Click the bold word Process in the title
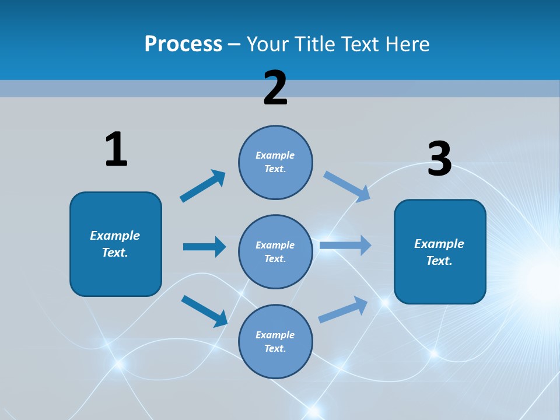pyautogui.click(x=183, y=44)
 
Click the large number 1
pyautogui.click(x=116, y=149)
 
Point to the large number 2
pyautogui.click(x=275, y=88)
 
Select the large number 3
pyautogui.click(x=440, y=159)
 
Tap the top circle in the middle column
pyautogui.click(x=275, y=162)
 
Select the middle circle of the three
pyautogui.click(x=275, y=251)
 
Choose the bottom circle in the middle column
pyautogui.click(x=275, y=341)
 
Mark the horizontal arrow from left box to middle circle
pyautogui.click(x=204, y=247)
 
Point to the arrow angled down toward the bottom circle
pyautogui.click(x=204, y=311)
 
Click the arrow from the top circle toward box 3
pyautogui.click(x=347, y=186)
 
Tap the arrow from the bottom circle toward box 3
pyautogui.click(x=343, y=310)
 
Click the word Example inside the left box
pyautogui.click(x=115, y=236)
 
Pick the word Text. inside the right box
pyautogui.click(x=439, y=261)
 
